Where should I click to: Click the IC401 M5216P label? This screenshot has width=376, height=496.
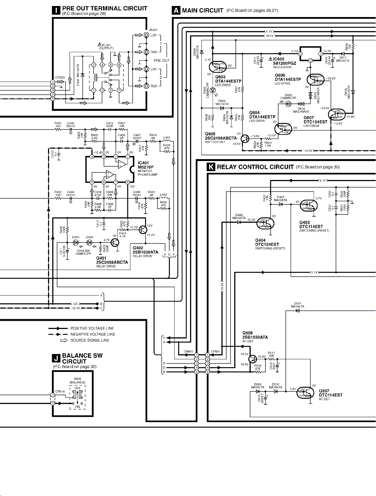click(x=146, y=165)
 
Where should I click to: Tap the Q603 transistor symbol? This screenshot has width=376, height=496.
click(x=216, y=67)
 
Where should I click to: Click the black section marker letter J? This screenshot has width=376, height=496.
click(x=56, y=358)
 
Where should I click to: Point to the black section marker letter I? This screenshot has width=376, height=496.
click(x=56, y=10)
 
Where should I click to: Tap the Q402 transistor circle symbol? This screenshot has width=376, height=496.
click(x=143, y=229)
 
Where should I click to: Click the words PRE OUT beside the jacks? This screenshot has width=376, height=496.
click(x=162, y=60)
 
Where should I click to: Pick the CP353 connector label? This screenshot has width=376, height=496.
click(x=60, y=77)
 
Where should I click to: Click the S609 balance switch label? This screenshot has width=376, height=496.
click(x=77, y=379)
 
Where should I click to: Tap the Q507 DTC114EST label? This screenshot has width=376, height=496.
click(x=330, y=393)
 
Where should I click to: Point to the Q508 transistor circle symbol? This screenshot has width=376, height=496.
click(x=253, y=359)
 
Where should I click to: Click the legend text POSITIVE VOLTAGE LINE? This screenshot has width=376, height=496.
click(x=92, y=328)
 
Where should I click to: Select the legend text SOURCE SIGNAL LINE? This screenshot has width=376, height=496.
click(x=90, y=340)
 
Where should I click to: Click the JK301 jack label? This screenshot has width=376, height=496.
click(x=153, y=30)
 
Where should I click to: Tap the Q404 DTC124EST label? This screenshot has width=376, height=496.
click(x=267, y=242)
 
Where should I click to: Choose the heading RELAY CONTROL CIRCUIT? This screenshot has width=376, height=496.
click(x=255, y=167)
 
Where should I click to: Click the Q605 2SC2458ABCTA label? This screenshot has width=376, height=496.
click(x=221, y=136)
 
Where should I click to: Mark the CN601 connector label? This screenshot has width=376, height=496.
click(x=188, y=351)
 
